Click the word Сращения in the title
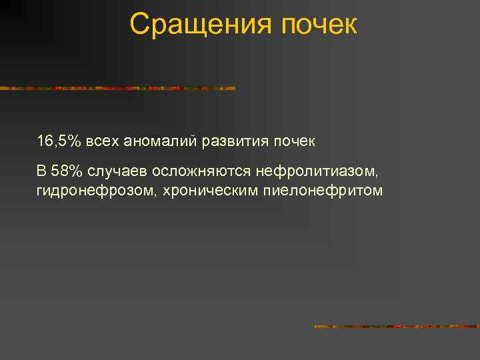201,25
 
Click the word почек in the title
320,25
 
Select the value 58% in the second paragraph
66,172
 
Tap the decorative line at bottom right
396,327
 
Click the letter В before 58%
42,172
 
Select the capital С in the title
138,25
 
